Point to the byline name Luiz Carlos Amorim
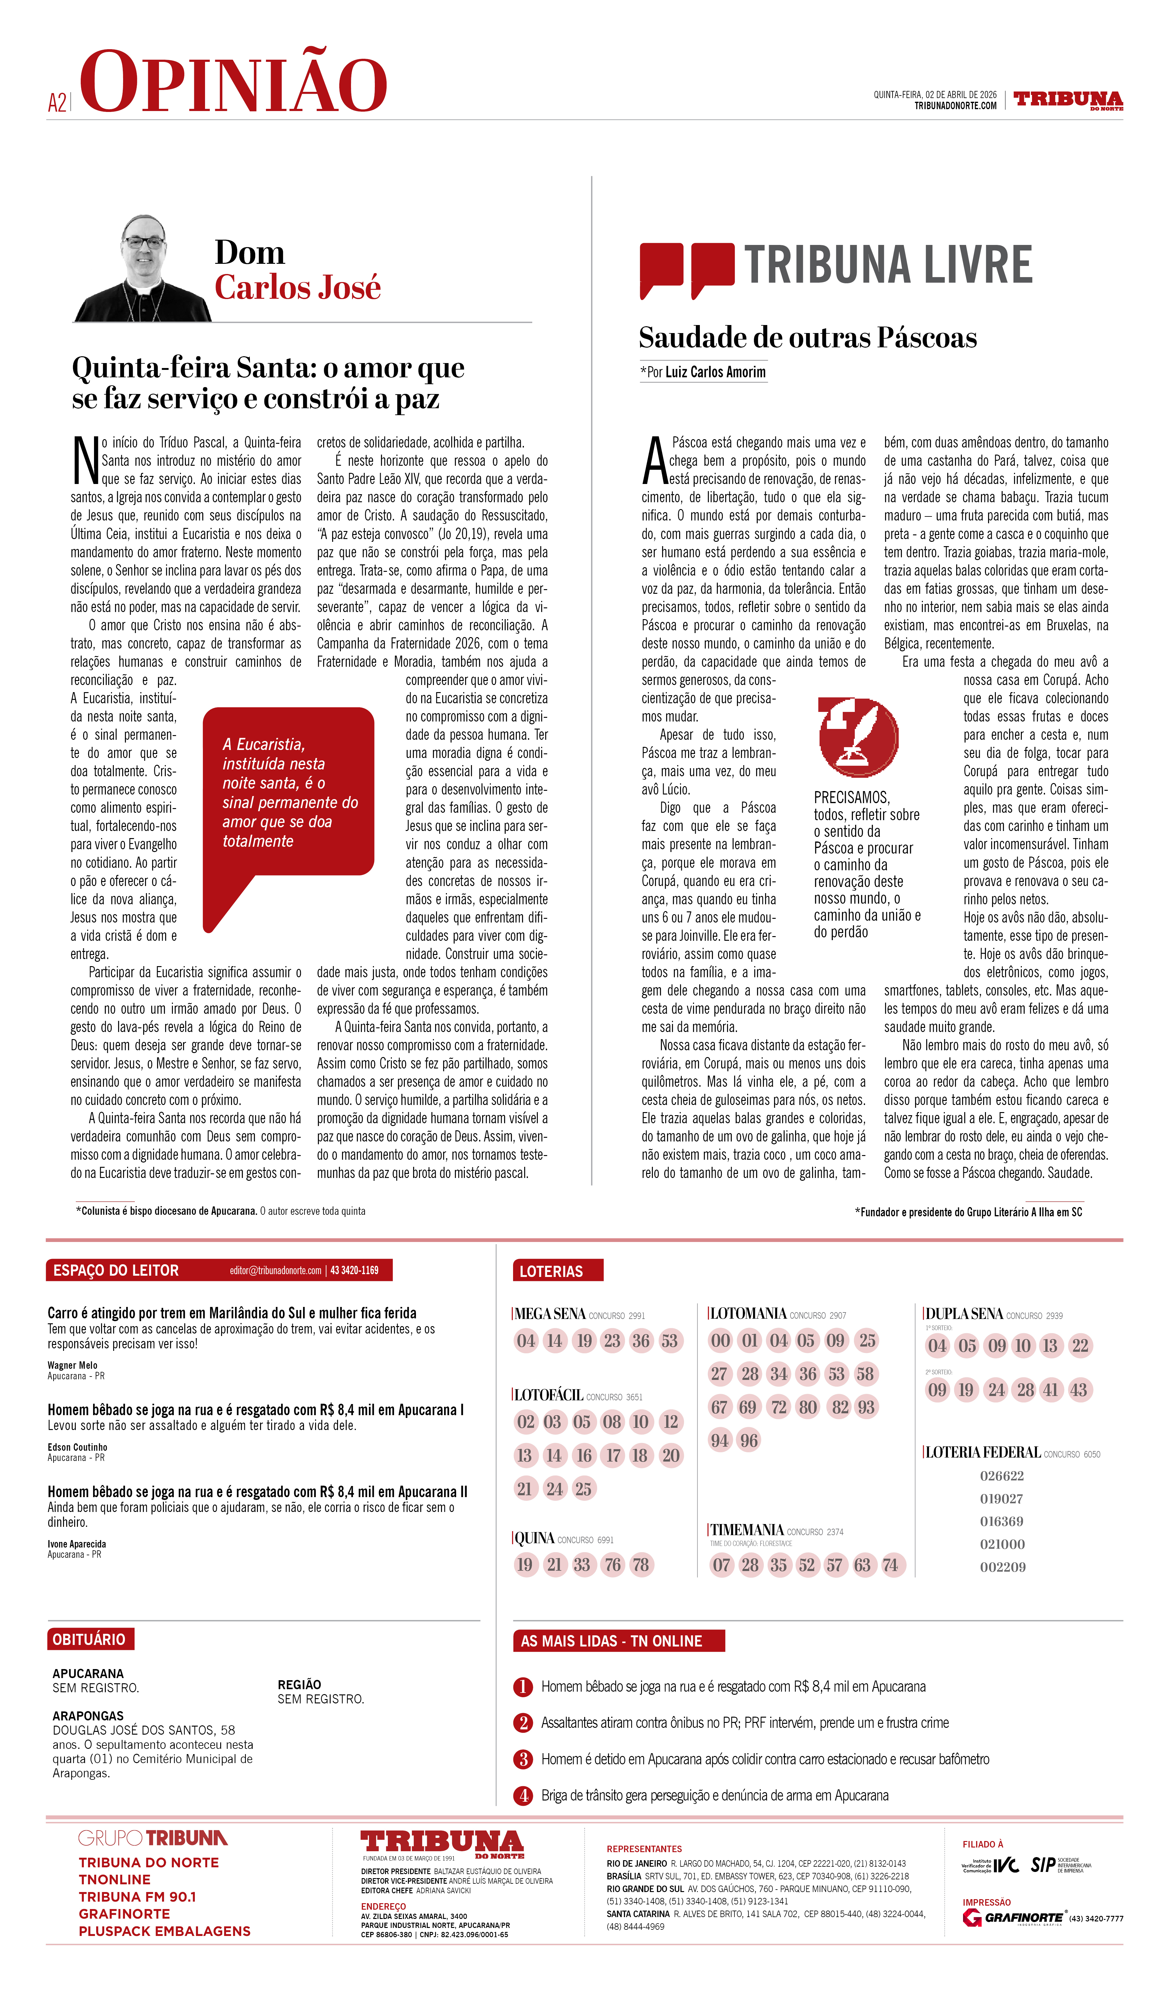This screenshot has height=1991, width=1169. tap(715, 372)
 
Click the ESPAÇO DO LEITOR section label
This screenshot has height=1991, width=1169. tap(116, 1270)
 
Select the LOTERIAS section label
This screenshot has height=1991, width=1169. tap(551, 1271)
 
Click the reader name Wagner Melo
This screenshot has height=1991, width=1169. tap(73, 1365)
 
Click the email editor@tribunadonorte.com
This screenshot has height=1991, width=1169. tap(275, 1270)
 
